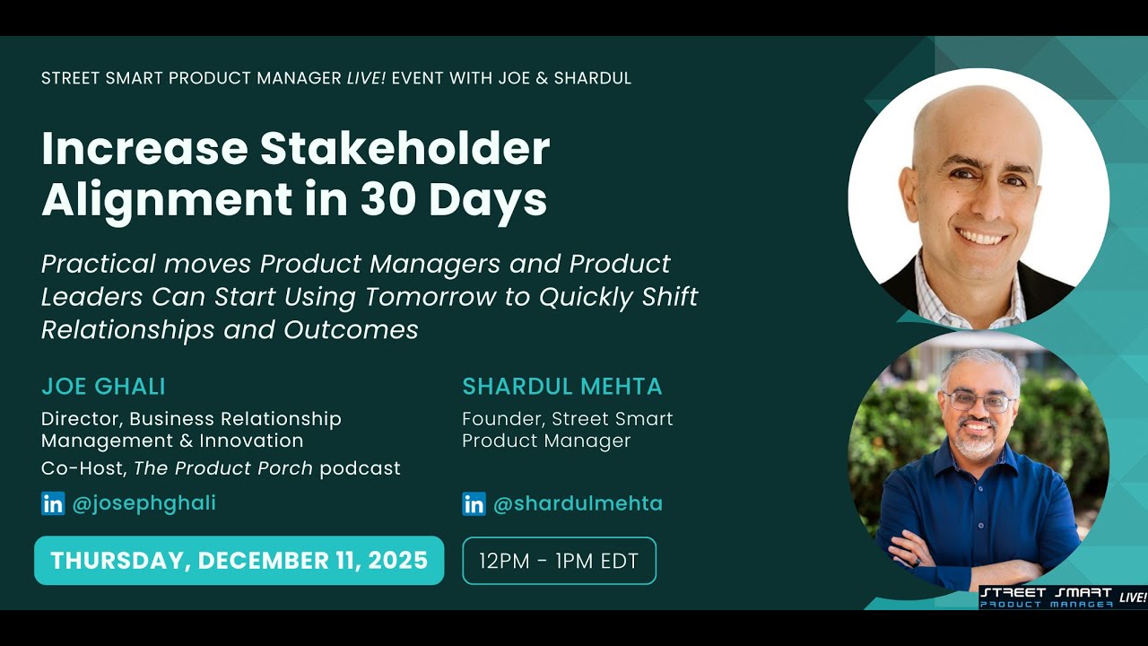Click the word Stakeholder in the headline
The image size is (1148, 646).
coord(404,149)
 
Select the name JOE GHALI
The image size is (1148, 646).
coord(103,387)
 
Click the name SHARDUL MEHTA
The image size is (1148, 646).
coord(561,387)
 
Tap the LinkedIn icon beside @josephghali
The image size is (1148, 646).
coord(53,503)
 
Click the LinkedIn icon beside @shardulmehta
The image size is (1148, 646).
coord(474,504)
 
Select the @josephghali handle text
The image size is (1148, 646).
coord(143,503)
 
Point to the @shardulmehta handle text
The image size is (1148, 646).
coord(578,504)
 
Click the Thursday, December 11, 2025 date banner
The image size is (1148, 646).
coord(239,561)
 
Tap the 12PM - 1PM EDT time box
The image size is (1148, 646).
coord(559,562)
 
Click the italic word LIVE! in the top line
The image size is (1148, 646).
coord(366,78)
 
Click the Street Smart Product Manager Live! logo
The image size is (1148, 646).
coord(1062,598)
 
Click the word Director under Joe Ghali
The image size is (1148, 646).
coord(79,419)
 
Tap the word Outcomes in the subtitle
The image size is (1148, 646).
coord(351,330)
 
